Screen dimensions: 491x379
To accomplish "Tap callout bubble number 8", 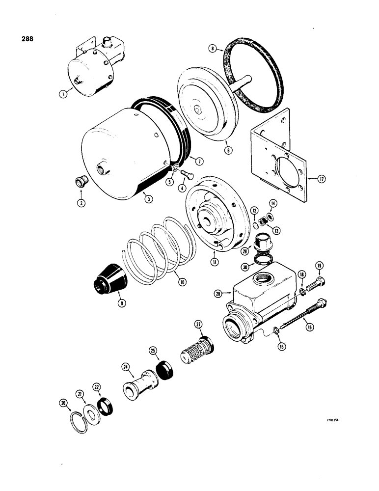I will (212, 49).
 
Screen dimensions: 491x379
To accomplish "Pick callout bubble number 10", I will (182, 282).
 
